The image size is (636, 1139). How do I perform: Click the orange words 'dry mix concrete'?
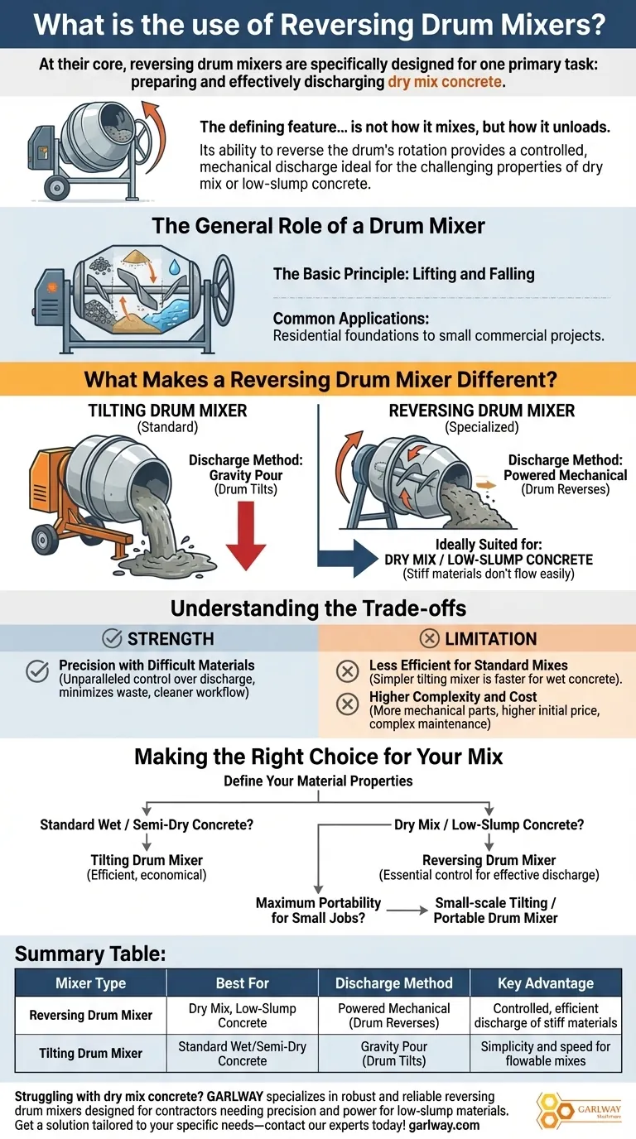[x=445, y=82]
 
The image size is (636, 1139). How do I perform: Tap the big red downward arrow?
[x=246, y=535]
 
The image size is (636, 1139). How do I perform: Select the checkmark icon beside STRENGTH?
[x=112, y=638]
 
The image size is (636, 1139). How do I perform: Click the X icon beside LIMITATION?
[x=430, y=638]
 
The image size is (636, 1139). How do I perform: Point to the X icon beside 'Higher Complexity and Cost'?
[x=348, y=704]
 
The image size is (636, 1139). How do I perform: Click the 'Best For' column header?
[x=242, y=983]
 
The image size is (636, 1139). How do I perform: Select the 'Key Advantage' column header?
[x=546, y=983]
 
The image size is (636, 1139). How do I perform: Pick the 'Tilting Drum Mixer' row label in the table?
[x=90, y=1053]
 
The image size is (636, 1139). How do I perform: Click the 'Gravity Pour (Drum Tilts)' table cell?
[x=394, y=1054]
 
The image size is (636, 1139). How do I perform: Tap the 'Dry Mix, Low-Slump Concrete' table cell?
[x=242, y=1015]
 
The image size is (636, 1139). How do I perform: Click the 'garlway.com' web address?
[x=444, y=1125]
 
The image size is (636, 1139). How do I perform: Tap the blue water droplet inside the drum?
[x=175, y=267]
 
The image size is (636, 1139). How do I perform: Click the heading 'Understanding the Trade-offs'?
[x=318, y=608]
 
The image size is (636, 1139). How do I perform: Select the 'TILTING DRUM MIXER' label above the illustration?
[x=167, y=411]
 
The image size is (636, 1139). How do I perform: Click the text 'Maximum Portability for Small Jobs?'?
[x=319, y=911]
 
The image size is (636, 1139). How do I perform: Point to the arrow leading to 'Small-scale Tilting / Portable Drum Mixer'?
[x=407, y=911]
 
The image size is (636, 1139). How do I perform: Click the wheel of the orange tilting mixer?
[x=45, y=539]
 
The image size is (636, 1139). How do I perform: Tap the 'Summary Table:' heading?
[x=90, y=954]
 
